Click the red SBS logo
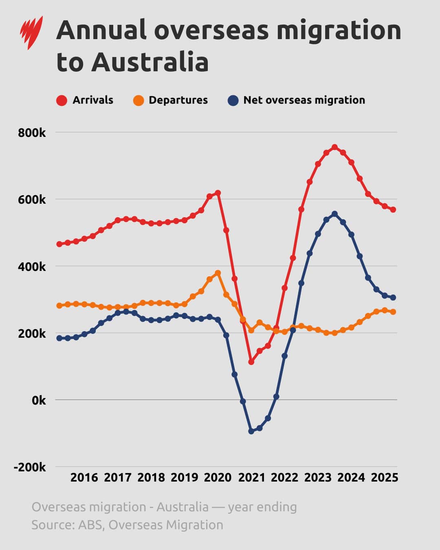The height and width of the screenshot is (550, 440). coord(31,33)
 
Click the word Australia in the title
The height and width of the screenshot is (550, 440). coord(150,62)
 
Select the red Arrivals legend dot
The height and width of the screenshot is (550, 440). coord(62,100)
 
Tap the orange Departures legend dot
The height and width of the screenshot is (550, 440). coord(139,100)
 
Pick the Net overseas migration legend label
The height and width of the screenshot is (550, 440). coord(304,100)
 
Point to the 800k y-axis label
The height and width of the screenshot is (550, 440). coord(32,133)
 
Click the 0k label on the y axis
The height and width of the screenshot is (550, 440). coord(39,400)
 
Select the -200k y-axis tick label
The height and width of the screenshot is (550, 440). coord(30,467)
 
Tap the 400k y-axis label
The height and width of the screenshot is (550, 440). coord(32,267)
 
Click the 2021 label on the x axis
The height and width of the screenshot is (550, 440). coord(251,477)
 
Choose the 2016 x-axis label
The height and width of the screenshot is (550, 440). coord(84,477)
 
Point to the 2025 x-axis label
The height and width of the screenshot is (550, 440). coord(385,477)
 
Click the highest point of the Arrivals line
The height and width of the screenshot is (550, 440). coord(334,147)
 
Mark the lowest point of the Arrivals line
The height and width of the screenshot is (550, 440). coord(251,362)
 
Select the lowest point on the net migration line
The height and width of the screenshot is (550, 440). coord(251,431)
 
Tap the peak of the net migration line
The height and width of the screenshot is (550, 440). coord(334,214)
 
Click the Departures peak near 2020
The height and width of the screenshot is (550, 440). coord(218,273)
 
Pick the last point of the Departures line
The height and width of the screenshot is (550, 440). coord(393,312)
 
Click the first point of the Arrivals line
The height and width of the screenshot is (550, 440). coord(59,244)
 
